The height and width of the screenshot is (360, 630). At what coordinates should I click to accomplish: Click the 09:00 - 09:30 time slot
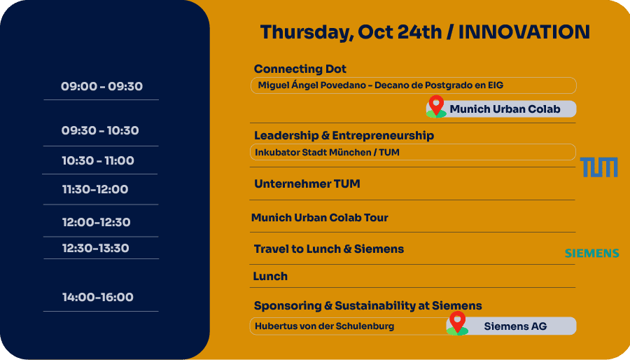pyautogui.click(x=101, y=86)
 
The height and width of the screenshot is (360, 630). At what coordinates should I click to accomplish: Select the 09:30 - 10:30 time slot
pyautogui.click(x=100, y=130)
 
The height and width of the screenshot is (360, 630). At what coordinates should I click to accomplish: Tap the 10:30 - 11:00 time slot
pyautogui.click(x=98, y=160)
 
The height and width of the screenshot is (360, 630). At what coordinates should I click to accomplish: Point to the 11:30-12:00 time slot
pyautogui.click(x=95, y=189)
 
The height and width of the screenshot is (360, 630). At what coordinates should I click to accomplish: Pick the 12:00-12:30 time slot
pyautogui.click(x=97, y=222)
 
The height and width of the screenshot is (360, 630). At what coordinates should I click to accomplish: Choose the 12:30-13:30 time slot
pyautogui.click(x=96, y=248)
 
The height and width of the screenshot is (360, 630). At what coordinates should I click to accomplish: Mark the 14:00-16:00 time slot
pyautogui.click(x=98, y=298)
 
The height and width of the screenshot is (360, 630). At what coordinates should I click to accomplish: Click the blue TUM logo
pyautogui.click(x=598, y=167)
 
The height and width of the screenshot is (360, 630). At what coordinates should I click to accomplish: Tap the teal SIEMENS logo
pyautogui.click(x=591, y=253)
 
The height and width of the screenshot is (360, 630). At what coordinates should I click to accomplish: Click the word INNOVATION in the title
pyautogui.click(x=524, y=32)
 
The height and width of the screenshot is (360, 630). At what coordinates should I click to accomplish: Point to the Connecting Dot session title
pyautogui.click(x=300, y=69)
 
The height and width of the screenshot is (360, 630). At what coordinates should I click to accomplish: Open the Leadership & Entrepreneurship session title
pyautogui.click(x=344, y=135)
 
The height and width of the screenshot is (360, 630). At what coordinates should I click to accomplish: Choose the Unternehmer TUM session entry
pyautogui.click(x=307, y=184)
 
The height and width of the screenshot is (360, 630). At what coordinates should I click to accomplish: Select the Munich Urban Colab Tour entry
pyautogui.click(x=320, y=218)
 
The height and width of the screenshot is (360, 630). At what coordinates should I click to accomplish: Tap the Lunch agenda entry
pyautogui.click(x=270, y=277)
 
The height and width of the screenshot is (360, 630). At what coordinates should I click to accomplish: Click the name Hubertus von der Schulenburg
pyautogui.click(x=325, y=326)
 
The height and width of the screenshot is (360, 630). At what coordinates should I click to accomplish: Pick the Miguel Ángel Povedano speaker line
pyautogui.click(x=381, y=85)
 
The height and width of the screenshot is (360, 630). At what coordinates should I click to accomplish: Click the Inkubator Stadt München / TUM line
pyautogui.click(x=327, y=153)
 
